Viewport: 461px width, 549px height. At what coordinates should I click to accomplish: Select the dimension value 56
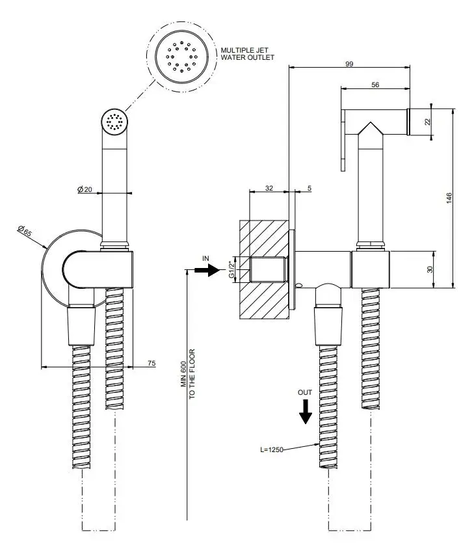coord(375,85)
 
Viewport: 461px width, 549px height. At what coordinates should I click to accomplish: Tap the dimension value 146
coord(448,198)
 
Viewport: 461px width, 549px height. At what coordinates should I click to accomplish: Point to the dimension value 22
coord(427,122)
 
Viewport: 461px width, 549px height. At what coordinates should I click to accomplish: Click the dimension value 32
coord(269,188)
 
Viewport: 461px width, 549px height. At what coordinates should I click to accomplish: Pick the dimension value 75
coord(151,364)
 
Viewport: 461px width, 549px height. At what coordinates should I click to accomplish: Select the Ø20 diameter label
coord(85,189)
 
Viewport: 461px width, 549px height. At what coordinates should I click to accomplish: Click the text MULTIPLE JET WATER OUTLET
coord(246,53)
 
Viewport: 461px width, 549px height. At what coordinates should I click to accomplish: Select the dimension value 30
coord(430,269)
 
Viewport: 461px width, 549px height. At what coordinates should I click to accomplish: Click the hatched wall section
coord(263,299)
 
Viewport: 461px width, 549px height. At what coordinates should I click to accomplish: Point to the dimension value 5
coord(309,188)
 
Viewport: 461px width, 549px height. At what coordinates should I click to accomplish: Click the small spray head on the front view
coord(114,122)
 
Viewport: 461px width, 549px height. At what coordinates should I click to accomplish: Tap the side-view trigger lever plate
coord(343,140)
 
